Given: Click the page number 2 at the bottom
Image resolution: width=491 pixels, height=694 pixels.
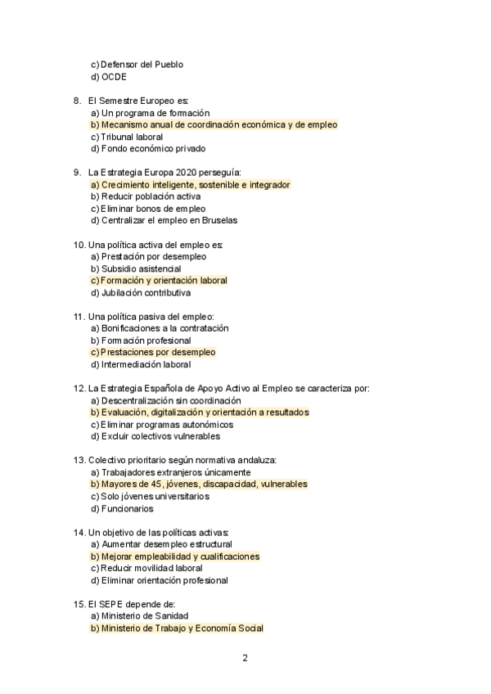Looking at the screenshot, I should point(245,658).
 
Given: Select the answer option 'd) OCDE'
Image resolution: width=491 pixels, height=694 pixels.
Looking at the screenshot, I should point(109,77).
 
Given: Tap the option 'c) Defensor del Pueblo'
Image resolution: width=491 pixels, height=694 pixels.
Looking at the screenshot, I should point(137,65).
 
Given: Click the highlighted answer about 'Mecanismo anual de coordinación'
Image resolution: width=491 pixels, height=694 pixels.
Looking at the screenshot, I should point(214,124).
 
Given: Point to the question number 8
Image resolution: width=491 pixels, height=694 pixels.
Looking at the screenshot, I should point(77,101).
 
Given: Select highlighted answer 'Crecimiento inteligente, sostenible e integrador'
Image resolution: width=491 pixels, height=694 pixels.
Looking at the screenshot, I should point(190,185).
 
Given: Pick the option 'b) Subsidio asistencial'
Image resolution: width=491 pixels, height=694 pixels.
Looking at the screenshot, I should point(136,268).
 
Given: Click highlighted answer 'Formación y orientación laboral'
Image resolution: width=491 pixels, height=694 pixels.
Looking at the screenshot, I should point(159,281).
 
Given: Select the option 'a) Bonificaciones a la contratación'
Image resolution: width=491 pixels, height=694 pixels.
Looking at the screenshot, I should point(160,328).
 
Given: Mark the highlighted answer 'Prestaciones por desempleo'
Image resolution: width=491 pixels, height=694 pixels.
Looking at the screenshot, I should point(153,352).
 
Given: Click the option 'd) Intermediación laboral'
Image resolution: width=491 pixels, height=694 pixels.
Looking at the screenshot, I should point(141,364).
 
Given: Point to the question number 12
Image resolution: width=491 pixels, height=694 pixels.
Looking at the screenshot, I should point(79,389).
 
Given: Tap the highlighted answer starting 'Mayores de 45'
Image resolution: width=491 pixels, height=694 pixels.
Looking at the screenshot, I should point(199,484).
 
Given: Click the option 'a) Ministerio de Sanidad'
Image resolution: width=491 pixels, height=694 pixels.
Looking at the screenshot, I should point(139,616).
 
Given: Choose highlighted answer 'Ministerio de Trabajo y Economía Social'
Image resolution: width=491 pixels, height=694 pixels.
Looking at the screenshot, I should point(177,629).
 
